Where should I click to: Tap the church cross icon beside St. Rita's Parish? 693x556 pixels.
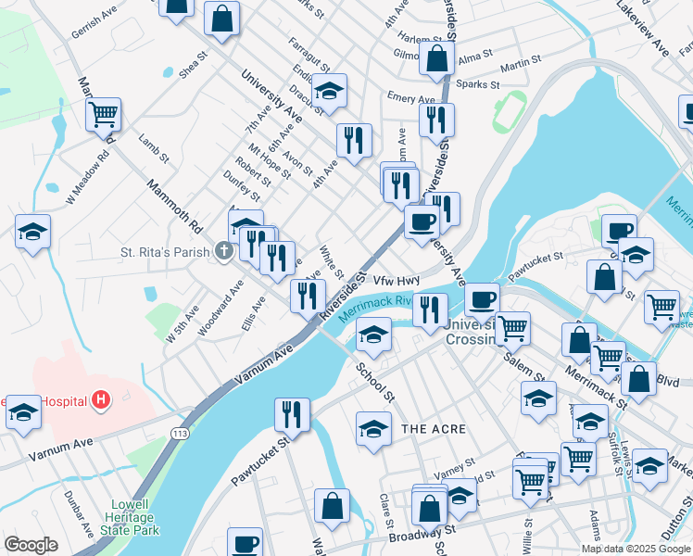coord(223,251)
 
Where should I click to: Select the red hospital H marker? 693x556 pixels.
coord(101,401)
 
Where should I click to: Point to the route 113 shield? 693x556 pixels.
coord(181,433)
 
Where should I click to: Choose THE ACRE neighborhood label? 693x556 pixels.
coord(434,429)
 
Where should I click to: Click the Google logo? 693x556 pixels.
coord(31,545)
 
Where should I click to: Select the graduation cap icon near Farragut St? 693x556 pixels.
coord(328,91)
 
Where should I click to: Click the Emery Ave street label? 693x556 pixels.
coord(410,98)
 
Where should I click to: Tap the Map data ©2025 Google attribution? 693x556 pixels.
coord(635,549)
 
